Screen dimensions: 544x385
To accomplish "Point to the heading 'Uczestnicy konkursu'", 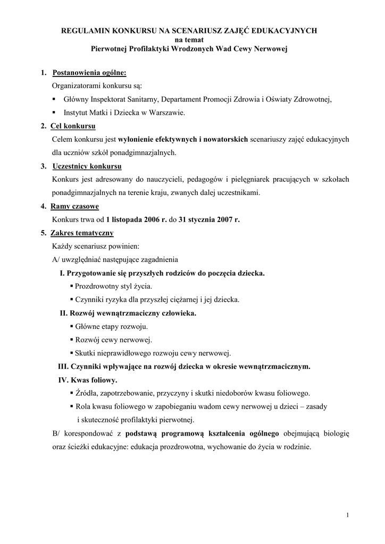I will pos(87,166).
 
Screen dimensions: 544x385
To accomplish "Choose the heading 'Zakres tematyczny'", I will pos(82,233).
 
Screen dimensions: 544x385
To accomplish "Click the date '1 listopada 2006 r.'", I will pos(136,219).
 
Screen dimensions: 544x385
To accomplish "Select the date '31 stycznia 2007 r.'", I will pos(209,219).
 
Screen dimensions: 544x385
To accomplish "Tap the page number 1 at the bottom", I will pos(347,515).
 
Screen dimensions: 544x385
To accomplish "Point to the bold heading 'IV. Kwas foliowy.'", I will pos(88,380).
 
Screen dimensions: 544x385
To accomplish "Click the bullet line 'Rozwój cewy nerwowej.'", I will pos(113,339).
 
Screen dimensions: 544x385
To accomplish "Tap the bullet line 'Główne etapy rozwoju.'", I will pos(111,326).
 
